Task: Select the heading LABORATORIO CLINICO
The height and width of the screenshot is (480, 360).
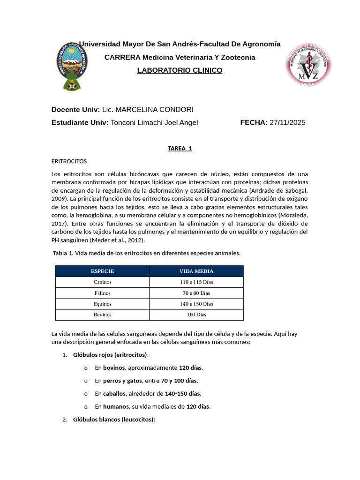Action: coord(180,70)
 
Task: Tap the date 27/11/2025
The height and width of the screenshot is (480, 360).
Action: coord(287,122)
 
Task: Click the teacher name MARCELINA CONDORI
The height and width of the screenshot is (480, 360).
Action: coord(154,109)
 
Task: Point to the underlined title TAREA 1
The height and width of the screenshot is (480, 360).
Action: coord(180,149)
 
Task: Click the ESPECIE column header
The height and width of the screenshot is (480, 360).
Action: coord(102,271)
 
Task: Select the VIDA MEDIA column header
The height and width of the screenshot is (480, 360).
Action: coord(196,271)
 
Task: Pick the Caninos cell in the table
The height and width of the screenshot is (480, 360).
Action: coord(102,282)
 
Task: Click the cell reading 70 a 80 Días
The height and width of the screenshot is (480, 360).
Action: coord(196,293)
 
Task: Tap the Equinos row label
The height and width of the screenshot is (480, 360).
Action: coord(102,304)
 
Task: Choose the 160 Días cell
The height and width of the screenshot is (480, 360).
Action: coord(196,315)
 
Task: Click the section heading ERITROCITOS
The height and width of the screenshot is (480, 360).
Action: coord(69,161)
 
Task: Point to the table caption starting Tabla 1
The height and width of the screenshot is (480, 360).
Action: coord(146,253)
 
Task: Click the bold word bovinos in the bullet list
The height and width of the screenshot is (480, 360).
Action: coord(114,368)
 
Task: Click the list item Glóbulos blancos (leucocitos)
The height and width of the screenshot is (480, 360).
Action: coord(114,420)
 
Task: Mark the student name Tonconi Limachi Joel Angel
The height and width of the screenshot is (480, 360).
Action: coord(154,122)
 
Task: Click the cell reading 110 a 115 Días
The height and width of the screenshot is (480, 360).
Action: coord(196,282)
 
